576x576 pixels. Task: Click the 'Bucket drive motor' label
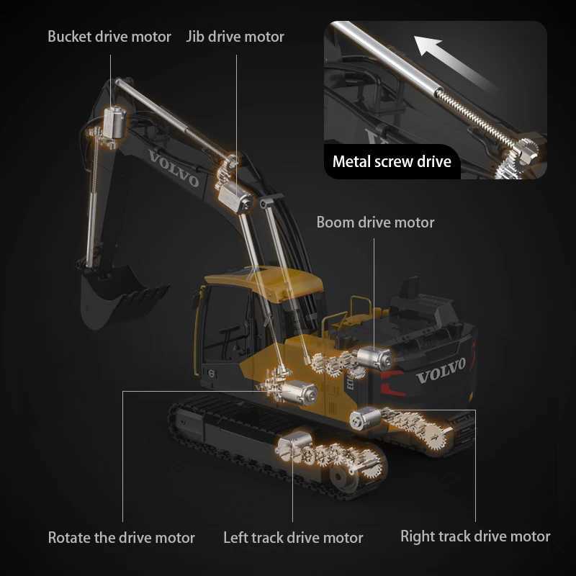[109, 36]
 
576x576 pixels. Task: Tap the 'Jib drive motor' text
[235, 36]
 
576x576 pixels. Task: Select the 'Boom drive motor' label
[375, 222]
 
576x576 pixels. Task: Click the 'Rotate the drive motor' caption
[121, 537]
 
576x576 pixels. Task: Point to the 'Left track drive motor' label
[293, 537]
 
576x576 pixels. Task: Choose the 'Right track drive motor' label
[475, 536]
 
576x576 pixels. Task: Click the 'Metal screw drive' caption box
[392, 161]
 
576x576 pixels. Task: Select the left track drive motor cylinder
[291, 446]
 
